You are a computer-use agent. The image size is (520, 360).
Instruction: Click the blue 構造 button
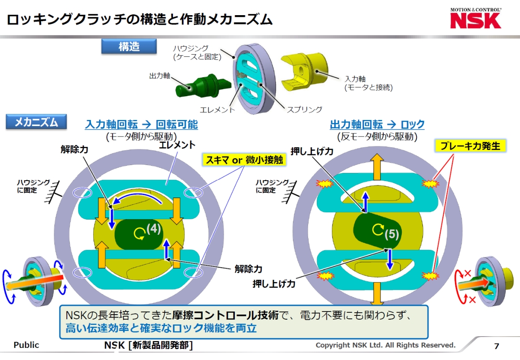tap(129, 46)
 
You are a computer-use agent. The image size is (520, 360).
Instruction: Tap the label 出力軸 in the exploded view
tap(159, 76)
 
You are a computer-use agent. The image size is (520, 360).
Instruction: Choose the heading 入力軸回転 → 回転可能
tap(141, 125)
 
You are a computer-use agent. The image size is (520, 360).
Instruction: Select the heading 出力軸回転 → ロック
tap(377, 125)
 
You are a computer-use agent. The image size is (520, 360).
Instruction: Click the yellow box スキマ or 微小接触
tap(244, 160)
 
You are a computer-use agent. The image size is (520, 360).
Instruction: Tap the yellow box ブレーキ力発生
tap(470, 146)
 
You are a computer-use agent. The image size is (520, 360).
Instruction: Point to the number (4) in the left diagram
tap(154, 228)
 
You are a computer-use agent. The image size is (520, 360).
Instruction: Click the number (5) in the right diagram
tap(391, 234)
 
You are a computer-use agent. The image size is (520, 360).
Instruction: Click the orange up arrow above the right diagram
tap(376, 166)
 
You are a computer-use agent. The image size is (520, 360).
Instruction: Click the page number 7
tap(497, 346)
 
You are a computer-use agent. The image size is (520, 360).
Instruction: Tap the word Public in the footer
tap(26, 345)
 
